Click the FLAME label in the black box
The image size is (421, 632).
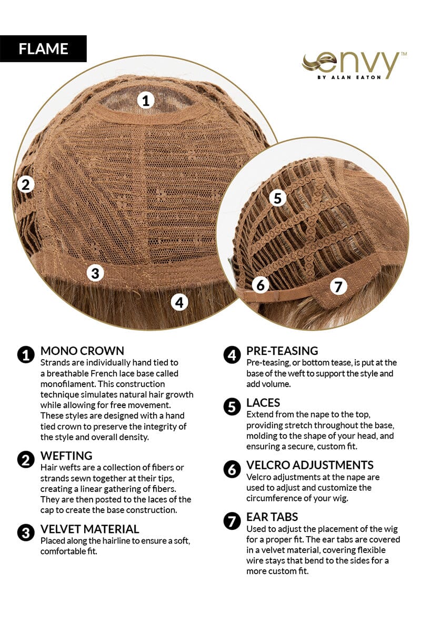[x=43, y=49]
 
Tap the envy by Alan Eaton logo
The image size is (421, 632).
[x=354, y=65]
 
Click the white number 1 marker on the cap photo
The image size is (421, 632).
[x=146, y=101]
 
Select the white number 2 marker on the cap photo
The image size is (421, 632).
[x=26, y=185]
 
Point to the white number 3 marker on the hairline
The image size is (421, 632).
[x=95, y=273]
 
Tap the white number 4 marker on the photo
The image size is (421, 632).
[x=179, y=302]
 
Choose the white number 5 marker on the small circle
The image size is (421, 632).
[x=277, y=198]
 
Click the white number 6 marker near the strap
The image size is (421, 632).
[x=260, y=285]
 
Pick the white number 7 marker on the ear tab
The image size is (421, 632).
[x=338, y=287]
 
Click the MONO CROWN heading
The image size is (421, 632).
[x=82, y=351]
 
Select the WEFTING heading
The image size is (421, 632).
[x=66, y=456]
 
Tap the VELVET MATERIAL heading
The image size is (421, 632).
[x=89, y=529]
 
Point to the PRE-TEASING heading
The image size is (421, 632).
[x=282, y=351]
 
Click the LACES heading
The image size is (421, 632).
[x=263, y=402]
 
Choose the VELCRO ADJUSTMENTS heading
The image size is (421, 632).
[x=310, y=465]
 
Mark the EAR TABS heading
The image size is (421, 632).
[x=272, y=517]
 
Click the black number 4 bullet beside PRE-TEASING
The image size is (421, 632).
[x=232, y=355]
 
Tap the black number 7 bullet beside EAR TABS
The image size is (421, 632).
[x=232, y=521]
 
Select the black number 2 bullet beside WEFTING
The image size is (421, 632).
[x=26, y=460]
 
